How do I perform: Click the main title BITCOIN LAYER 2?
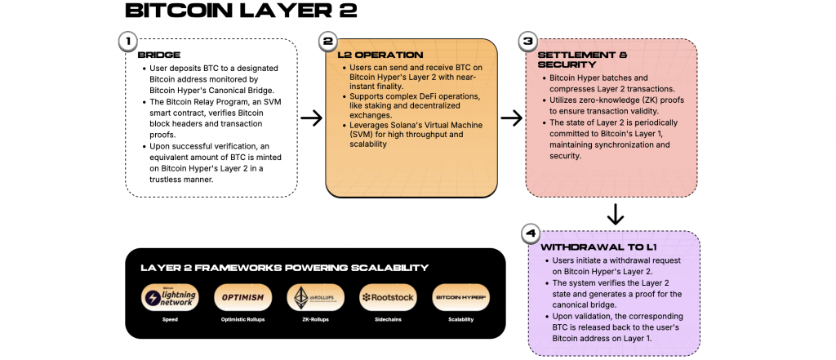click(x=229, y=11)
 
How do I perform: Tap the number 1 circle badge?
click(x=127, y=42)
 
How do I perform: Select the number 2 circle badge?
click(x=328, y=42)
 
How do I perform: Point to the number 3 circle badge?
click(x=527, y=42)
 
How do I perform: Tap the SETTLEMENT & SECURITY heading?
click(x=582, y=60)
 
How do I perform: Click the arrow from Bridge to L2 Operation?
click(x=312, y=118)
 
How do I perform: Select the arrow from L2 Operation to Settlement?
click(x=511, y=118)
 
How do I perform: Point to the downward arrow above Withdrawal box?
click(x=616, y=215)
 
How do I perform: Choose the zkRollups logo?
click(x=310, y=297)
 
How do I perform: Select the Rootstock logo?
click(x=386, y=297)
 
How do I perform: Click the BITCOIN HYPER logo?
click(x=460, y=297)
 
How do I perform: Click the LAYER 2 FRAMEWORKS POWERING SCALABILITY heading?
click(x=284, y=268)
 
